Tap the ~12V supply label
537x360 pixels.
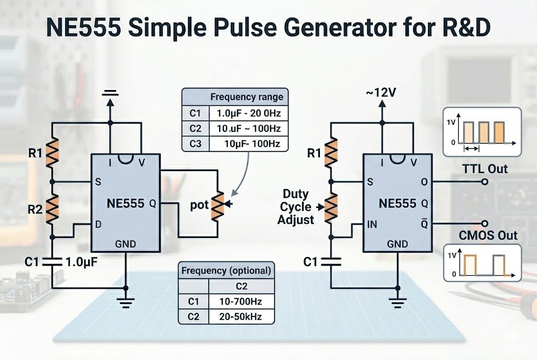[x=381, y=93]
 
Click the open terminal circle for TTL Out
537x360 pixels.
[x=485, y=182]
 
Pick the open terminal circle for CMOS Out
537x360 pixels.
[x=485, y=223]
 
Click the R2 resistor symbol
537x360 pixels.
[x=52, y=206]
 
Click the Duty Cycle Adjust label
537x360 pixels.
[x=296, y=207]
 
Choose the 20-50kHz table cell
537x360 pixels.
[x=241, y=316]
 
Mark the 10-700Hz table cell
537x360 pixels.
[x=241, y=301]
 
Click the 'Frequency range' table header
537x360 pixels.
[x=246, y=97]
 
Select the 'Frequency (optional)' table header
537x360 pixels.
[x=225, y=271]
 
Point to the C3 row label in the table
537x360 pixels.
[x=195, y=144]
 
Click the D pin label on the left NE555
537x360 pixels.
[x=97, y=224]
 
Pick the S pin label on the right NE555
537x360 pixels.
[x=371, y=182]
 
